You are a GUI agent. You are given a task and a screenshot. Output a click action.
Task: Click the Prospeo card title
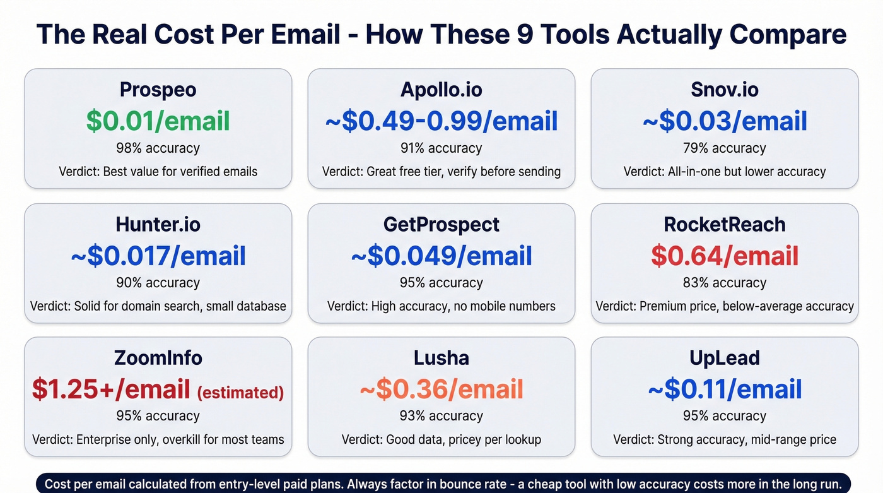click(158, 90)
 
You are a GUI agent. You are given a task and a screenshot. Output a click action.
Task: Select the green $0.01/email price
click(158, 121)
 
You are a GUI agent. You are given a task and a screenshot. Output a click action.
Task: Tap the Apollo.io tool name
click(441, 90)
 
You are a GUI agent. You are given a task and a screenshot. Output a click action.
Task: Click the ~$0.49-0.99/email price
click(441, 121)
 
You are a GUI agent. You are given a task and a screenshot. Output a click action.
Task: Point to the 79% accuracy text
click(725, 148)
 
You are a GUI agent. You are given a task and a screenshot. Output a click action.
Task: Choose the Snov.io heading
click(725, 90)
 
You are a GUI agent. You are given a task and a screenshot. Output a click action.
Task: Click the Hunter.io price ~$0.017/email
click(158, 256)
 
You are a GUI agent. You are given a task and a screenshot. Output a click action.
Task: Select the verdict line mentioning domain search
click(158, 306)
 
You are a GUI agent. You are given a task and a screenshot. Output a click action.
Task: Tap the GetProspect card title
click(441, 224)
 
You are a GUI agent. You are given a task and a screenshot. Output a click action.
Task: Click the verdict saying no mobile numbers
click(441, 306)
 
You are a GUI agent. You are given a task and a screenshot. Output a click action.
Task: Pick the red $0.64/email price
click(725, 256)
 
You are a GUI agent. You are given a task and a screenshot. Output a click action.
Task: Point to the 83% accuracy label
click(725, 283)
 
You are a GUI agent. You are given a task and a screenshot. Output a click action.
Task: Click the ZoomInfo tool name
click(158, 358)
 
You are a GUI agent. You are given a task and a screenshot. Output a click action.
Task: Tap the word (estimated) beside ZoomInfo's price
click(240, 393)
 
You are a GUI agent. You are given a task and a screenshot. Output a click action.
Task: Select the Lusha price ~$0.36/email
click(441, 389)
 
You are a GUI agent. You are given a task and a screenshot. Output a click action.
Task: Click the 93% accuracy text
click(441, 416)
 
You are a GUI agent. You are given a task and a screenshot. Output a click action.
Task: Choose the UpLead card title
click(725, 358)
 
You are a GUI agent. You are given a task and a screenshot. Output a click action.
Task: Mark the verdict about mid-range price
click(725, 439)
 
